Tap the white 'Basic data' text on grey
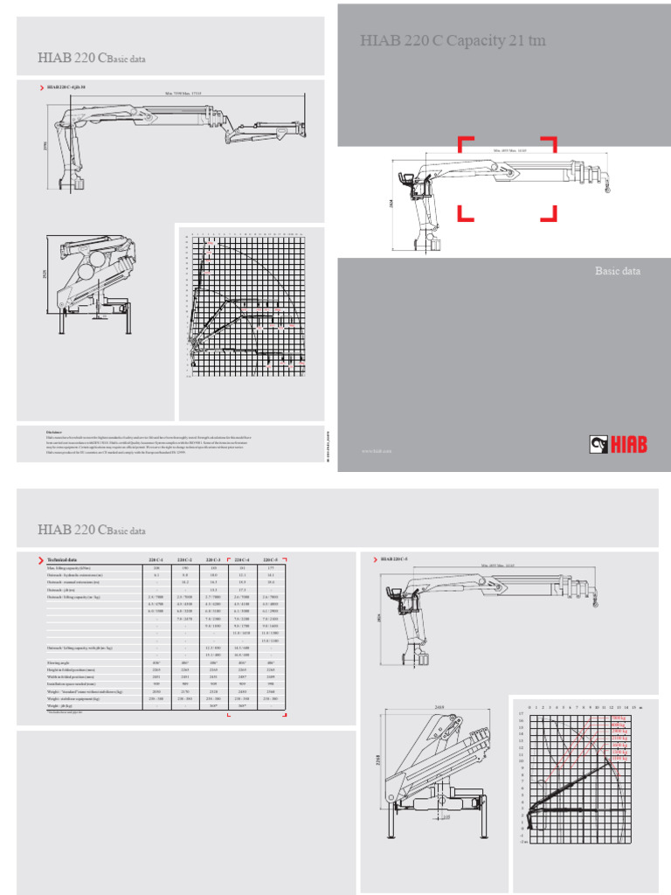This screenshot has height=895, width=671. point(618,271)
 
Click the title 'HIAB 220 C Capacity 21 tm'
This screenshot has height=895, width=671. point(453,40)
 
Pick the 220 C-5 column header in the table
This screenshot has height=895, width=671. point(270,559)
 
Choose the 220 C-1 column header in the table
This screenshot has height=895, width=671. point(156,559)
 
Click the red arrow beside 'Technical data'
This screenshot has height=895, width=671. point(40,559)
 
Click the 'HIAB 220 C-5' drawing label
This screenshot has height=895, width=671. point(401,558)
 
